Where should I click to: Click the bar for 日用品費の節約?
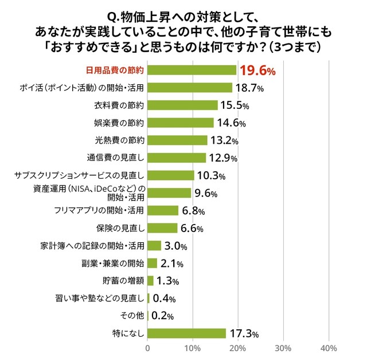pos(192,70)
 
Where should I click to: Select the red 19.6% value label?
pos(258,70)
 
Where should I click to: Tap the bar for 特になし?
pos(187,333)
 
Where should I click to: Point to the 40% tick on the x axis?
pos(328,348)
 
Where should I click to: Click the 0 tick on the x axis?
pos(148,348)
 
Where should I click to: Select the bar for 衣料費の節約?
pos(183,105)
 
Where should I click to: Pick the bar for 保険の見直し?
pos(163,228)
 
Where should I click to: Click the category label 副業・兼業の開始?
pos(113,263)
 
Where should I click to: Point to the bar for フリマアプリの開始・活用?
pos(163,211)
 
